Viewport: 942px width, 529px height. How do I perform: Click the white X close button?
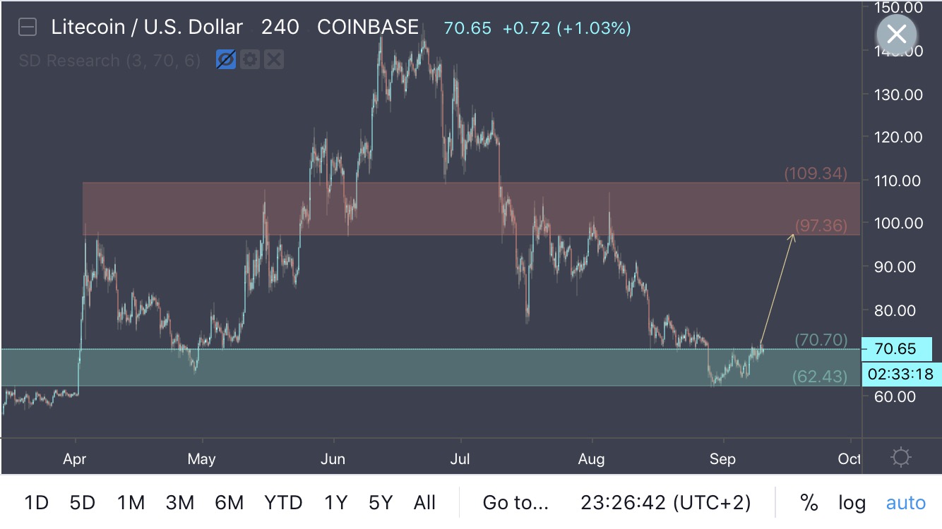pyautogui.click(x=897, y=34)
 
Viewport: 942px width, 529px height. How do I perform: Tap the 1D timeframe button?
pyautogui.click(x=36, y=503)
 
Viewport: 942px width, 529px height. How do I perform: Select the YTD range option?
pyautogui.click(x=283, y=503)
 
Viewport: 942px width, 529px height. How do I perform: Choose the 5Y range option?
pyautogui.click(x=381, y=503)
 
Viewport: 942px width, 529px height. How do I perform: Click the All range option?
pyautogui.click(x=424, y=503)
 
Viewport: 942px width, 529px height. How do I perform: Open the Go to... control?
pyautogui.click(x=515, y=503)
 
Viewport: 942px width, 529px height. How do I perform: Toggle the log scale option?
pyautogui.click(x=852, y=503)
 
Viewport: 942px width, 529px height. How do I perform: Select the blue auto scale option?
pyautogui.click(x=905, y=503)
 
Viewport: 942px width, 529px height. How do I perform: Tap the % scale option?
pyautogui.click(x=809, y=503)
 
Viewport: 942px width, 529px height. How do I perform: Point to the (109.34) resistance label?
pyautogui.click(x=816, y=174)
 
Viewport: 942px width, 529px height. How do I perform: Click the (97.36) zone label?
pyautogui.click(x=821, y=225)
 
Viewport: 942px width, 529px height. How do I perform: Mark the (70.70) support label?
pyautogui.click(x=821, y=340)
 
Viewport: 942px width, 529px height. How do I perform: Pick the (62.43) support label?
pyautogui.click(x=819, y=377)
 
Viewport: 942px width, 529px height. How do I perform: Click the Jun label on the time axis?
pyautogui.click(x=332, y=459)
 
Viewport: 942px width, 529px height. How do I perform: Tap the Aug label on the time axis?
pyautogui.click(x=591, y=459)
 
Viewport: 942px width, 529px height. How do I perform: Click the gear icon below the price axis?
pyautogui.click(x=901, y=458)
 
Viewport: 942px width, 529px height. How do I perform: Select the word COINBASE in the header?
pyautogui.click(x=368, y=28)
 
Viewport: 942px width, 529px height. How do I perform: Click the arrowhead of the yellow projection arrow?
pyautogui.click(x=794, y=236)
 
